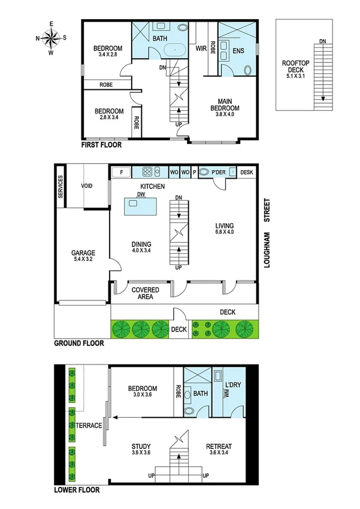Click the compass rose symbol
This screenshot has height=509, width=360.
[52, 38]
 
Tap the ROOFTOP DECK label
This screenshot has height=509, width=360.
[295, 68]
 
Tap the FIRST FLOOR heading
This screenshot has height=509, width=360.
[101, 145]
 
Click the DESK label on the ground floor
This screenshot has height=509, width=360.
[246, 173]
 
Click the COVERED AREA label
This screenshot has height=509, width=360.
[141, 293]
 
